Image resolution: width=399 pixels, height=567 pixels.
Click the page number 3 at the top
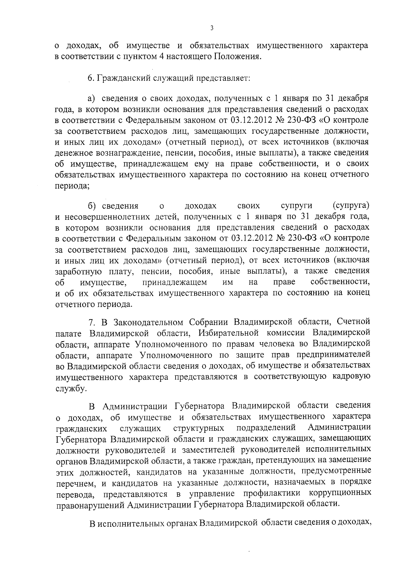pos(212,28)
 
